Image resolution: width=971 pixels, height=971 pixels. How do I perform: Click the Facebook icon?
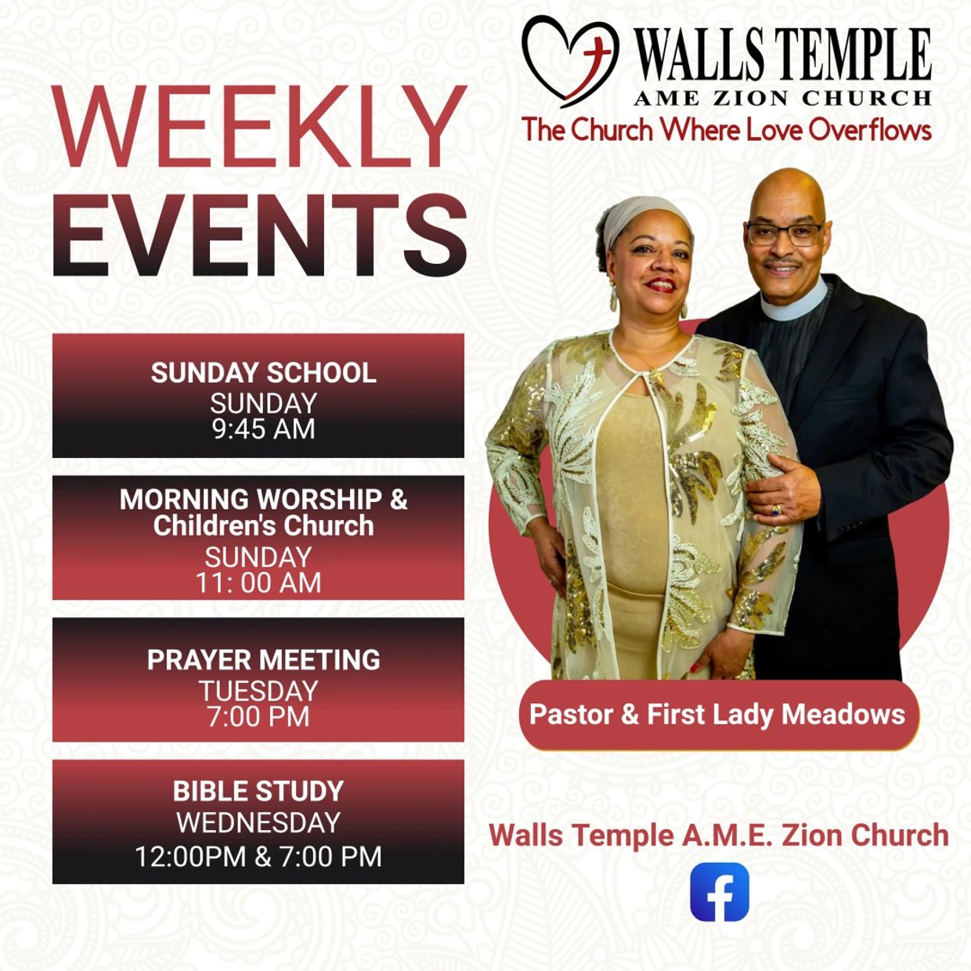point(719,891)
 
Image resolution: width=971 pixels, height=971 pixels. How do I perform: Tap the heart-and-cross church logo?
point(570,60)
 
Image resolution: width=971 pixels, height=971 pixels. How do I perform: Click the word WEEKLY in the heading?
point(258,126)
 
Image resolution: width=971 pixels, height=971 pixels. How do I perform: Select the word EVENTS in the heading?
point(259,235)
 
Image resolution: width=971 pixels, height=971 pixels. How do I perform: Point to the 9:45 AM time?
point(264,429)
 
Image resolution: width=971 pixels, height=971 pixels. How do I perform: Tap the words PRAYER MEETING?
point(264,659)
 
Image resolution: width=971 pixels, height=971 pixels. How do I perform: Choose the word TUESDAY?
point(258,691)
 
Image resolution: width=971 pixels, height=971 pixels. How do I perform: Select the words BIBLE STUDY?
point(258,791)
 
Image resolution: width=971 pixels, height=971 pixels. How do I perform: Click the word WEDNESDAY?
point(258,822)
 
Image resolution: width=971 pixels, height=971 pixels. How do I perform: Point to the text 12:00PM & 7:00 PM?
point(258,857)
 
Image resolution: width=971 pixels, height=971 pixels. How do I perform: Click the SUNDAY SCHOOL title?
point(264,373)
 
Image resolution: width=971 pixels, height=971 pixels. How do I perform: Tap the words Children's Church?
point(264,525)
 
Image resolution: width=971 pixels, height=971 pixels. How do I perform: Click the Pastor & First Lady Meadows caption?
point(717,714)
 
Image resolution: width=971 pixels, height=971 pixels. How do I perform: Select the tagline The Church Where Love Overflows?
point(726,129)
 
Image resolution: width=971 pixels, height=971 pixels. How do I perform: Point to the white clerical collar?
point(795,301)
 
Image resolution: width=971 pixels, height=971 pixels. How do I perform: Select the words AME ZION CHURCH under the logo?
point(782,98)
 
